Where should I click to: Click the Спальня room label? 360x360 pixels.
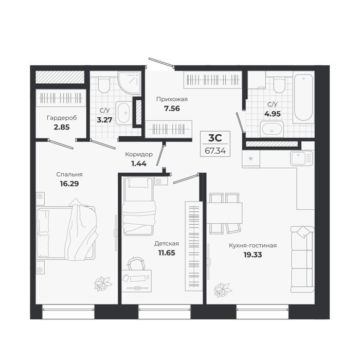(69, 174)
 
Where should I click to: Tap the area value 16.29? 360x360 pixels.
(69, 184)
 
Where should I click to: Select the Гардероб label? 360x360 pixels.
(62, 118)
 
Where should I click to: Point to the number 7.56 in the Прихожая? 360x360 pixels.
(172, 109)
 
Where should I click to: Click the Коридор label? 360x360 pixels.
(139, 154)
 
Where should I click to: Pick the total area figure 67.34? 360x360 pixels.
(215, 151)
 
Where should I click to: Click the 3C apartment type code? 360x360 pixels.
(215, 138)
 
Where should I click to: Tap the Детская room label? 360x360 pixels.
(167, 243)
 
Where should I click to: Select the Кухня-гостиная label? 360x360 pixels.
(253, 245)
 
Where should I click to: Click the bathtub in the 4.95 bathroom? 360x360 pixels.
(303, 97)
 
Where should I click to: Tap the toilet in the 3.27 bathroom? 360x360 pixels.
(104, 85)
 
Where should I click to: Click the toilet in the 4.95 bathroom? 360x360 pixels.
(279, 85)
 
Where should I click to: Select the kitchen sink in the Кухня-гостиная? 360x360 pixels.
(302, 158)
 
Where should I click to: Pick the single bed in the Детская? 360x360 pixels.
(138, 206)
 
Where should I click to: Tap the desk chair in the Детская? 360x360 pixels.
(136, 263)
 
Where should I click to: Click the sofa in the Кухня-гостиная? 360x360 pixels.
(302, 259)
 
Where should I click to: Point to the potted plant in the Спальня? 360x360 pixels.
(103, 284)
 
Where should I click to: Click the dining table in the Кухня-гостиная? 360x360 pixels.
(224, 213)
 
